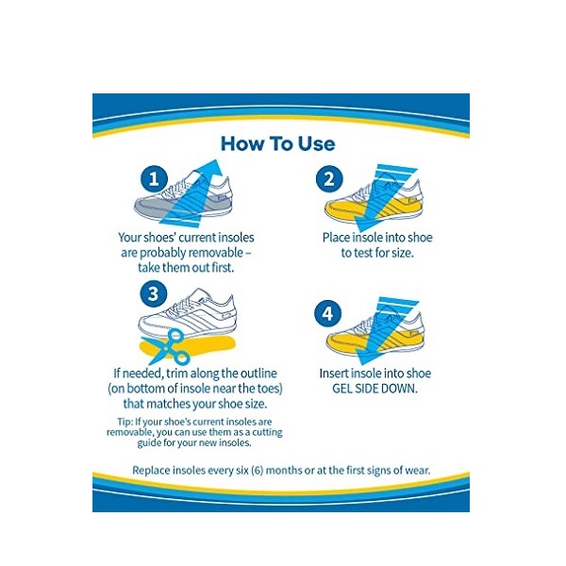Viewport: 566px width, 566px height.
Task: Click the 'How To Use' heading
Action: pos(278,143)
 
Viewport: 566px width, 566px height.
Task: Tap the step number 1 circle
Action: pos(154,178)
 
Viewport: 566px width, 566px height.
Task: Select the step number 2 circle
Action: pos(329,178)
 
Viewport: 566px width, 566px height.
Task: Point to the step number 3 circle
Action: pos(153,293)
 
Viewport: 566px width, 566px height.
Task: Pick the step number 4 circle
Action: pos(327,313)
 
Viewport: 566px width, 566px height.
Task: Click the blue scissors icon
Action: pos(165,347)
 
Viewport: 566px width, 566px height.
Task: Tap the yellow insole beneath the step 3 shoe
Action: pos(188,346)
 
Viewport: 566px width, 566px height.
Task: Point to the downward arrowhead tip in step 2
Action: pos(359,231)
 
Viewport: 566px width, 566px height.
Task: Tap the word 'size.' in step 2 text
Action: pos(402,253)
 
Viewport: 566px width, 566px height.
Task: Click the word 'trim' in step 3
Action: pos(176,374)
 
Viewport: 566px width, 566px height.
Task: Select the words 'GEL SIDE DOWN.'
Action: pos(375,389)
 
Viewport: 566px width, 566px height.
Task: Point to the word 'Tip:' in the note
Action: pos(125,422)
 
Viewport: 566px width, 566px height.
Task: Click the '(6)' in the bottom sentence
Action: pos(257,471)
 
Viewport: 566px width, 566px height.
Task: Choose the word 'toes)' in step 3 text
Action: pos(270,389)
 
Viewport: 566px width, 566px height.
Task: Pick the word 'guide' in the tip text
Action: pos(149,443)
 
